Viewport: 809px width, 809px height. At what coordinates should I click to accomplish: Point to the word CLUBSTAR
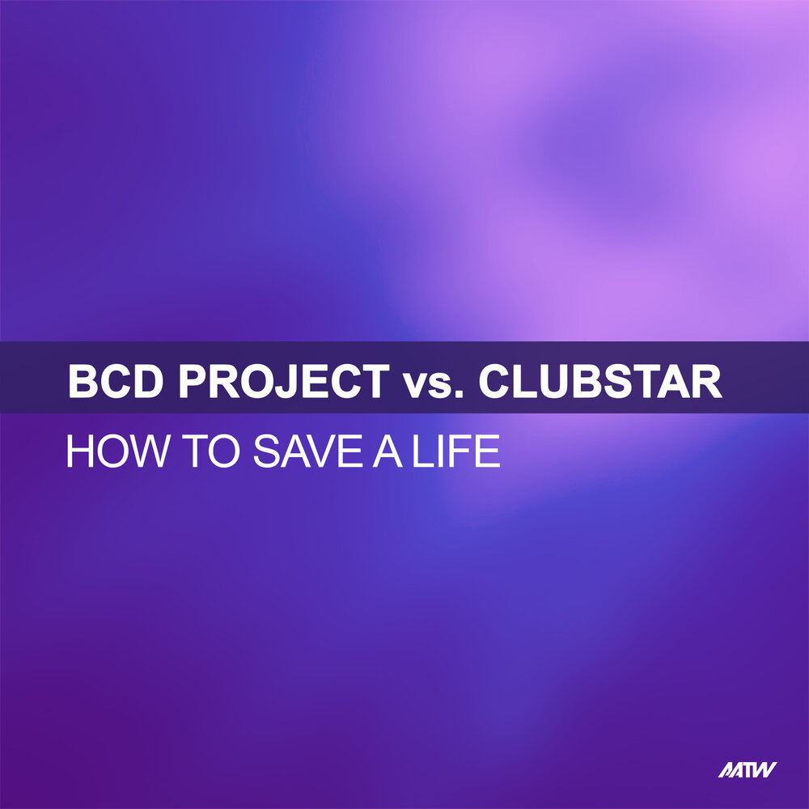[x=599, y=382]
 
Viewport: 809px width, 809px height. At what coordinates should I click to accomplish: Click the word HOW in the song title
[x=110, y=453]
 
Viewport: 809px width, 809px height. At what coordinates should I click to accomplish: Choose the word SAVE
[x=305, y=453]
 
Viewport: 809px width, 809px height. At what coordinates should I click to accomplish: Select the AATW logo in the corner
[x=748, y=769]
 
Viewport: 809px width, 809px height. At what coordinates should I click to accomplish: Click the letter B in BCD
[x=83, y=382]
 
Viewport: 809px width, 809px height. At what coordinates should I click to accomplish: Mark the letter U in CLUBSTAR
[x=557, y=382]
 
